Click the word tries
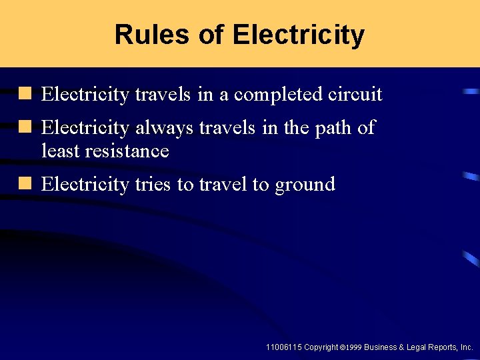click(x=152, y=184)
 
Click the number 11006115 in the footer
click(x=283, y=347)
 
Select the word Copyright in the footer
click(x=321, y=347)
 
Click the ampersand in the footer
click(x=403, y=347)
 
